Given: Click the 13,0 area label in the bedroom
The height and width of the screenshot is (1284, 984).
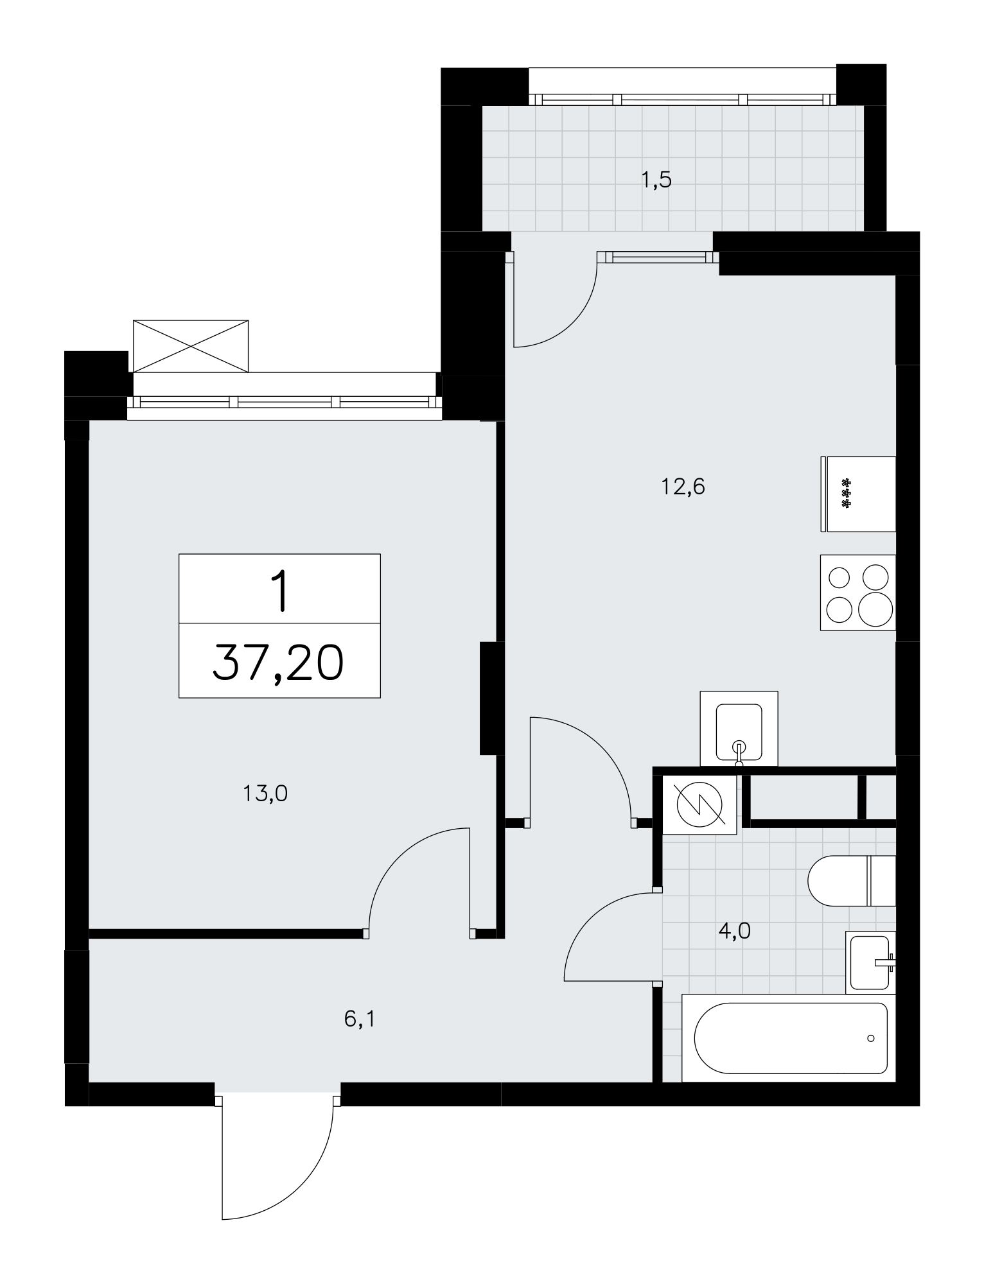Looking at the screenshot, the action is tap(265, 795).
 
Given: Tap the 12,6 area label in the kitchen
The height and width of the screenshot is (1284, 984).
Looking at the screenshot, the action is tap(683, 487).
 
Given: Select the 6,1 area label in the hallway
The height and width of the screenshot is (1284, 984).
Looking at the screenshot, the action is tap(359, 1019).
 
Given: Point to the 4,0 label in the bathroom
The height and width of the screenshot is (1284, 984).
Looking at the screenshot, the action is tap(734, 930).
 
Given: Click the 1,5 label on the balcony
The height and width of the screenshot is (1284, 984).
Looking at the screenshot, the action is tap(656, 180).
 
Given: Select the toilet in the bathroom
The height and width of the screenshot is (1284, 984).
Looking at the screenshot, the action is tap(852, 880).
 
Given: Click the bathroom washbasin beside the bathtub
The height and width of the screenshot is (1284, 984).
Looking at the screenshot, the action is tap(870, 962).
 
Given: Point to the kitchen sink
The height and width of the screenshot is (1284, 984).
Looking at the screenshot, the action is tap(739, 729).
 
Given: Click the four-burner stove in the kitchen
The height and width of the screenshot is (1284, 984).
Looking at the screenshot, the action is tap(857, 592).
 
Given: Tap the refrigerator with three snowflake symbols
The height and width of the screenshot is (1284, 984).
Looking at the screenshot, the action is tap(857, 494).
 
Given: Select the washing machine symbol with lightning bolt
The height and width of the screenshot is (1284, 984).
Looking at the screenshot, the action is tap(699, 804).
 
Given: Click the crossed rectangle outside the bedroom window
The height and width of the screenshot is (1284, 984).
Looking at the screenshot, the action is tap(190, 345).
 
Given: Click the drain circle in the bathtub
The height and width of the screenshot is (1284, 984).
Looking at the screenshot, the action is tap(870, 1037).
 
